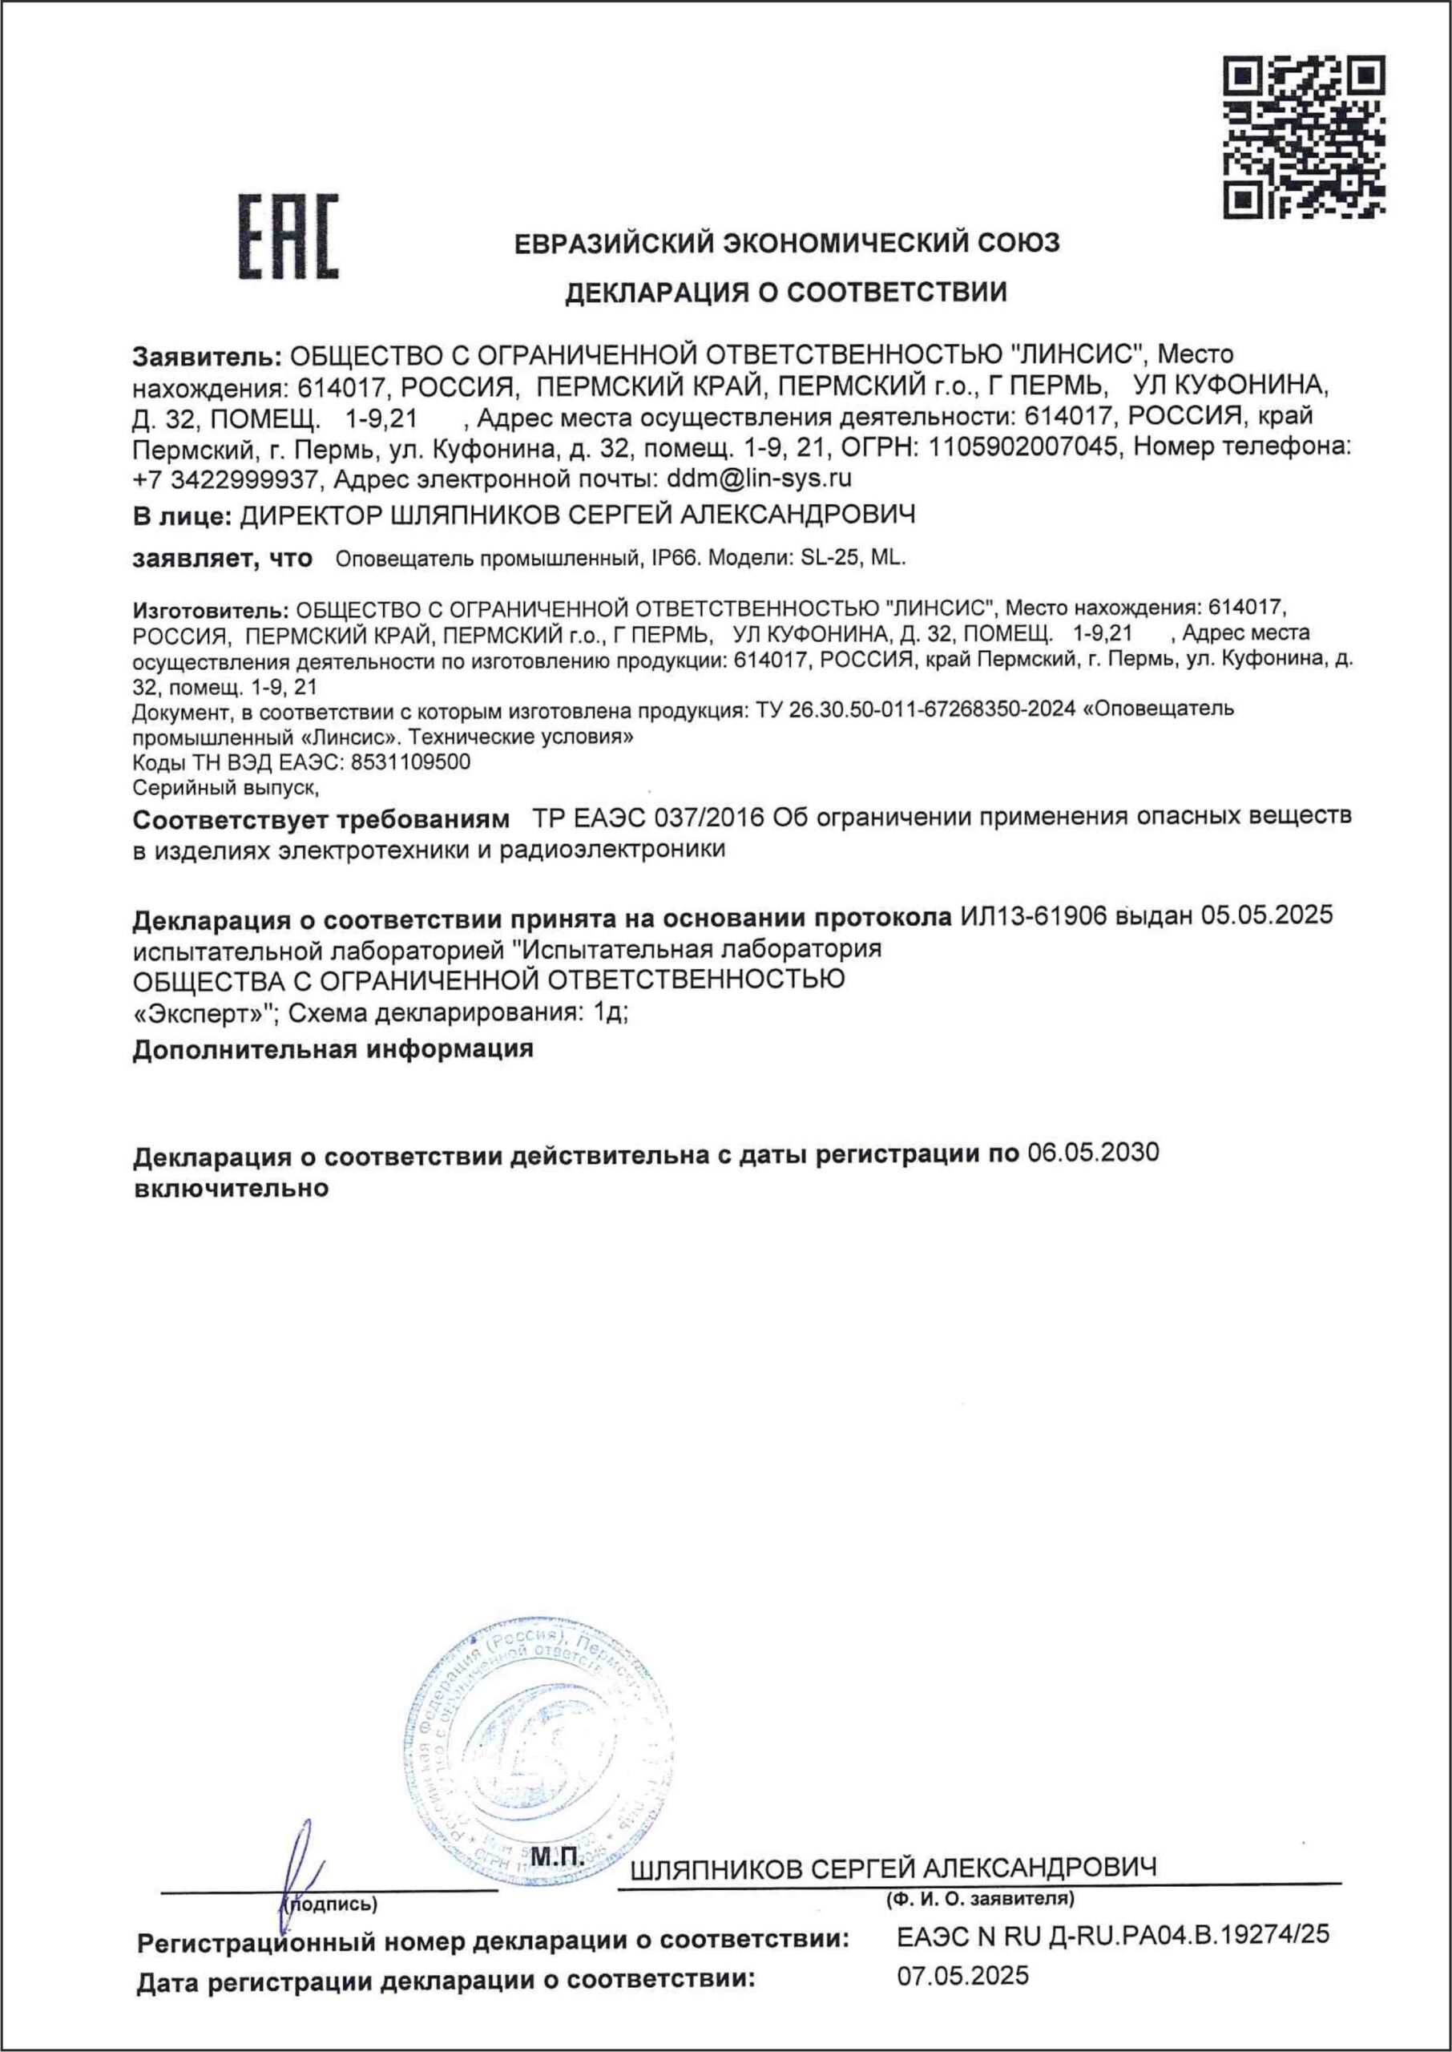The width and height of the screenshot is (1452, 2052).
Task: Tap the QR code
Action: coord(1304,136)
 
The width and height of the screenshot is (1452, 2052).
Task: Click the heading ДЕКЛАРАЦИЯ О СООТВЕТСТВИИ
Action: coord(786,292)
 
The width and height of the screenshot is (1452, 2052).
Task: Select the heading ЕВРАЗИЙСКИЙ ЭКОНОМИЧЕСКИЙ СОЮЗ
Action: coord(787,243)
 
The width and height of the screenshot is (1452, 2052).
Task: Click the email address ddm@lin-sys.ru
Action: coord(760,479)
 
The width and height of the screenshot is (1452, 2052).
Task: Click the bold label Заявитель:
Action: coord(208,356)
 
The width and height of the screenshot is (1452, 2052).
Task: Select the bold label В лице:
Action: coord(183,515)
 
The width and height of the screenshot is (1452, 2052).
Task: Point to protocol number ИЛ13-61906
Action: coord(1034,916)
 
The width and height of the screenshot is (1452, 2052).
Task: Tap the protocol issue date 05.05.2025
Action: coord(1266,916)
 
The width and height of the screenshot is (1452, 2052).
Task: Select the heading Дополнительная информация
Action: coord(333,1048)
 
